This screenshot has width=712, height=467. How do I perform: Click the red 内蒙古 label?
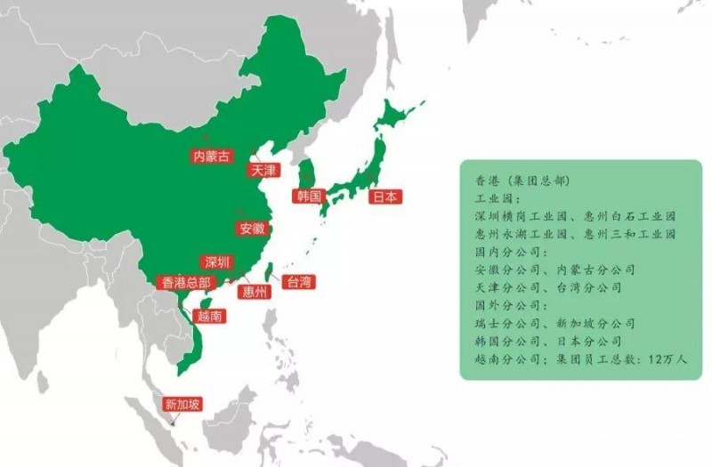coord(211,157)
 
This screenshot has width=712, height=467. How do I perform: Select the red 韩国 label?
coord(310,196)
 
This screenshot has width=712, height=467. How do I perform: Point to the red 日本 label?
coord(385,197)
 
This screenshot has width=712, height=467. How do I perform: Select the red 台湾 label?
coord(297,283)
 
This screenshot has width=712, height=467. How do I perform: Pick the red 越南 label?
coord(207,315)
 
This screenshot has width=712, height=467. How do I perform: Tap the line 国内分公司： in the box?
coord(504,253)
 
